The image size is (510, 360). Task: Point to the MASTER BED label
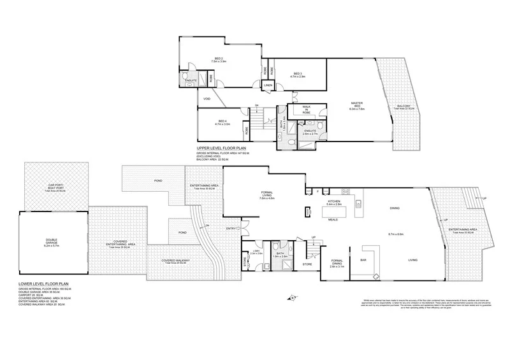click(x=356, y=104)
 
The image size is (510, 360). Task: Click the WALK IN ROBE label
click(x=307, y=110)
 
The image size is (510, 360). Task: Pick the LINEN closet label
click(x=268, y=85)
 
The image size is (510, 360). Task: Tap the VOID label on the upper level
click(x=207, y=99)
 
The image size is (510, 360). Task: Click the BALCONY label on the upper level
click(x=404, y=106)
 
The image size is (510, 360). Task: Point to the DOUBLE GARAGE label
click(x=51, y=241)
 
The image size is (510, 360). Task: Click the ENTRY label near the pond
click(x=229, y=228)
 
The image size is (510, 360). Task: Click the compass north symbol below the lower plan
click(x=291, y=297)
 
